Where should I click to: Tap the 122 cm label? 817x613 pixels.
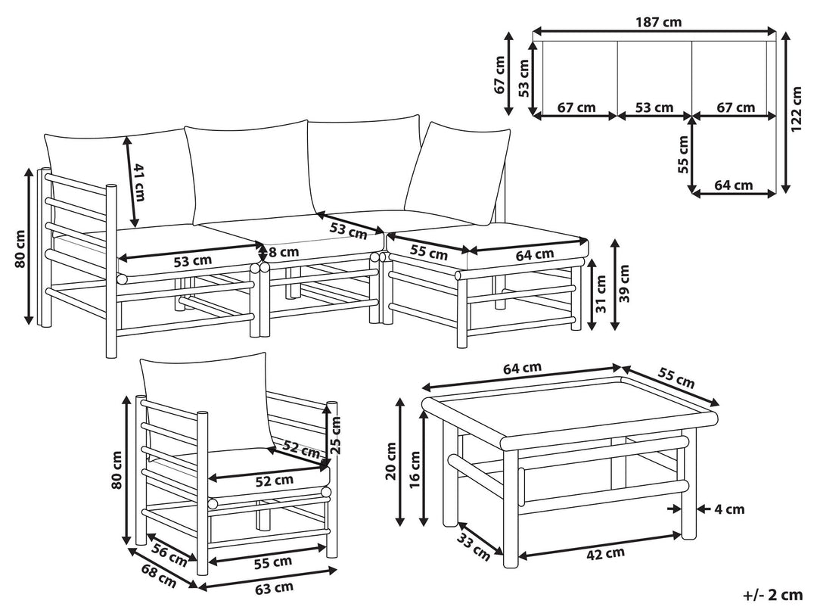pyautogui.click(x=797, y=109)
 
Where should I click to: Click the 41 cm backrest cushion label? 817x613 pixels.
pyautogui.click(x=138, y=182)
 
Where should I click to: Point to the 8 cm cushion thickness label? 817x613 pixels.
pyautogui.click(x=283, y=251)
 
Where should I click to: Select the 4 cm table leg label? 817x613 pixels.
pyautogui.click(x=729, y=509)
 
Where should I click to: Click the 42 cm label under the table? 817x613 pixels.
pyautogui.click(x=607, y=552)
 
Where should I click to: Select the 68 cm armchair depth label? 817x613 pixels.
pyautogui.click(x=159, y=578)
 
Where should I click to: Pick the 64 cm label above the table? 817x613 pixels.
pyautogui.click(x=522, y=368)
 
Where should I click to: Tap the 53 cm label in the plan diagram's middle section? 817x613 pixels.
pyautogui.click(x=654, y=107)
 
